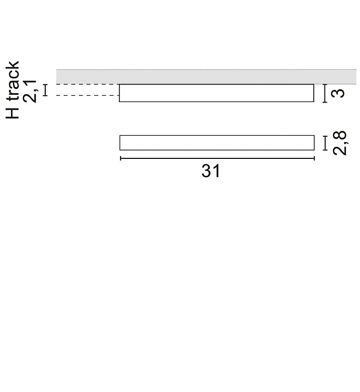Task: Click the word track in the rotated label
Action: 12,81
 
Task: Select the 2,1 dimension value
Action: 30,91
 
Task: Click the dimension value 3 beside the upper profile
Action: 337,93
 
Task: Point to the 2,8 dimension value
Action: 340,143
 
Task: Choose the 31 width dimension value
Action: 211,171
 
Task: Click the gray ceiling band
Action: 206,77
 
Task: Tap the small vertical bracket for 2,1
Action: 45,91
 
